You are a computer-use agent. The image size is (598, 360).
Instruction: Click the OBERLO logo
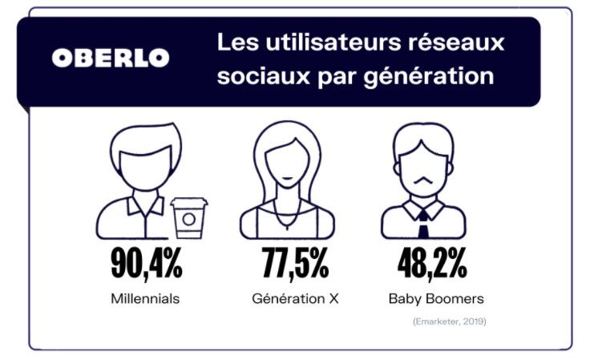(x=111, y=58)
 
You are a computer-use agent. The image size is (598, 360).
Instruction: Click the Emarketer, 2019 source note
(x=449, y=322)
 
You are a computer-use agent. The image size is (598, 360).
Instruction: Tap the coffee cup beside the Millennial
(x=188, y=218)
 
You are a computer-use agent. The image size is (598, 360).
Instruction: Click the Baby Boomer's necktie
(x=423, y=224)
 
